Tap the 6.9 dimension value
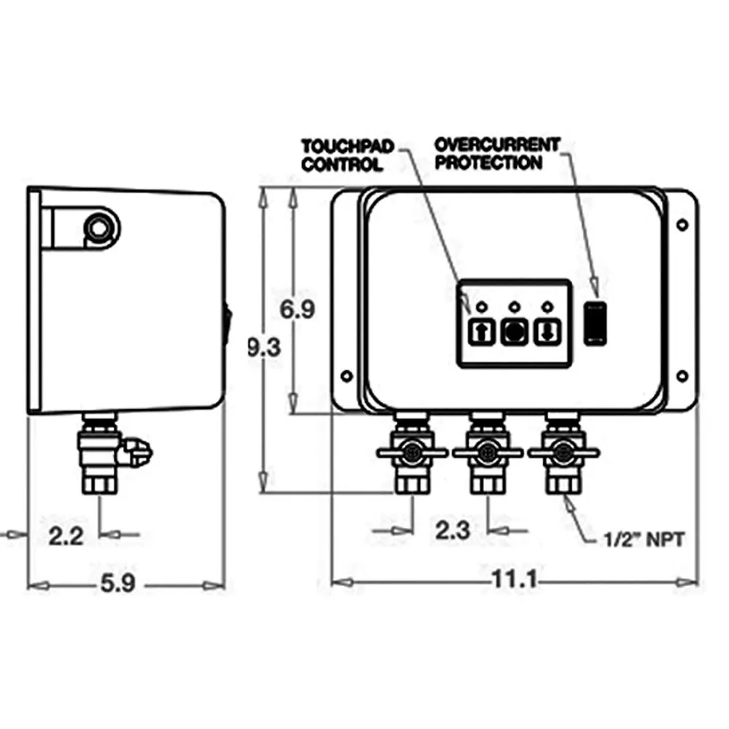click(297, 309)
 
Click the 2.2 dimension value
click(68, 537)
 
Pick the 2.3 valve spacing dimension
click(452, 530)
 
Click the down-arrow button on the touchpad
click(546, 332)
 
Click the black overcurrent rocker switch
click(595, 322)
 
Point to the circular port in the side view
click(97, 229)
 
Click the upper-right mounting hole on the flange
click(682, 225)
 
